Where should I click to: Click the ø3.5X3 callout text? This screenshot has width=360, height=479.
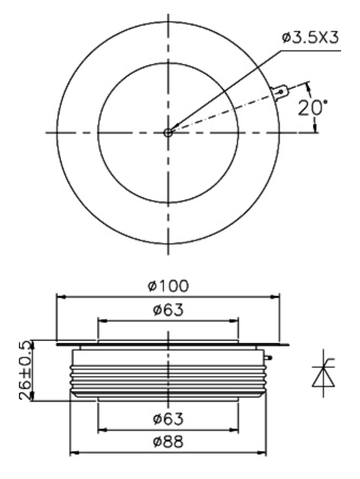point(310,38)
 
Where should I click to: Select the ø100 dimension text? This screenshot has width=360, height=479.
point(168,286)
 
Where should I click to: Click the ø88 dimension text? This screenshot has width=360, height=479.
point(168,441)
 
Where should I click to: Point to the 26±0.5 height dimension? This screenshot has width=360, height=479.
point(25,370)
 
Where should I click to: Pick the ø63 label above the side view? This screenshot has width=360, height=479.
point(168,310)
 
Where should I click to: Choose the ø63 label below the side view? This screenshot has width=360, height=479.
point(168,418)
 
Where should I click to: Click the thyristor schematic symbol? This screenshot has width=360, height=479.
point(323,373)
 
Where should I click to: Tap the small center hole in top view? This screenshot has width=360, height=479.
point(168,132)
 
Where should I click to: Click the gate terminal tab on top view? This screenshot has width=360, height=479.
point(280,92)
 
